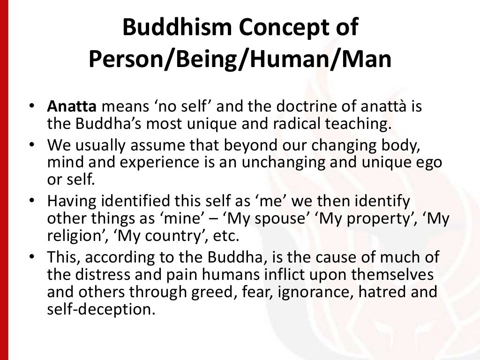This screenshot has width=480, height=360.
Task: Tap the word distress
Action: tap(106, 275)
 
